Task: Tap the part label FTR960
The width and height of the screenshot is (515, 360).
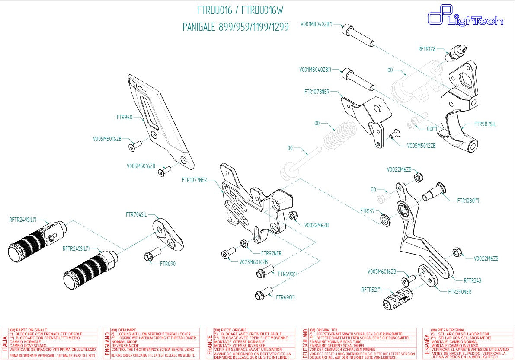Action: click(x=125, y=117)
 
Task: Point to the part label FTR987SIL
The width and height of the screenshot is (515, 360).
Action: click(x=485, y=124)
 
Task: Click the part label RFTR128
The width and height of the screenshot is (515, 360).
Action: click(x=427, y=49)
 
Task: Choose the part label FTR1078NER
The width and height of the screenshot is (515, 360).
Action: click(x=317, y=92)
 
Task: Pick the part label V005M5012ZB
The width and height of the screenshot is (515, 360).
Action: click(x=421, y=146)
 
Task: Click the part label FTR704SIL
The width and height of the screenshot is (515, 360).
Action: click(x=136, y=214)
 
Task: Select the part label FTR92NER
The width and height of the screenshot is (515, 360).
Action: click(x=271, y=253)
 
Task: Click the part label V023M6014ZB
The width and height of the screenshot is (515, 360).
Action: click(x=253, y=262)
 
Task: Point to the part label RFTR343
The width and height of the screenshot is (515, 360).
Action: click(x=472, y=280)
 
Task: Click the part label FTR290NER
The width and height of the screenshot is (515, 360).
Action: click(x=459, y=292)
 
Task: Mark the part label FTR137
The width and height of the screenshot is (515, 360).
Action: click(x=368, y=211)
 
